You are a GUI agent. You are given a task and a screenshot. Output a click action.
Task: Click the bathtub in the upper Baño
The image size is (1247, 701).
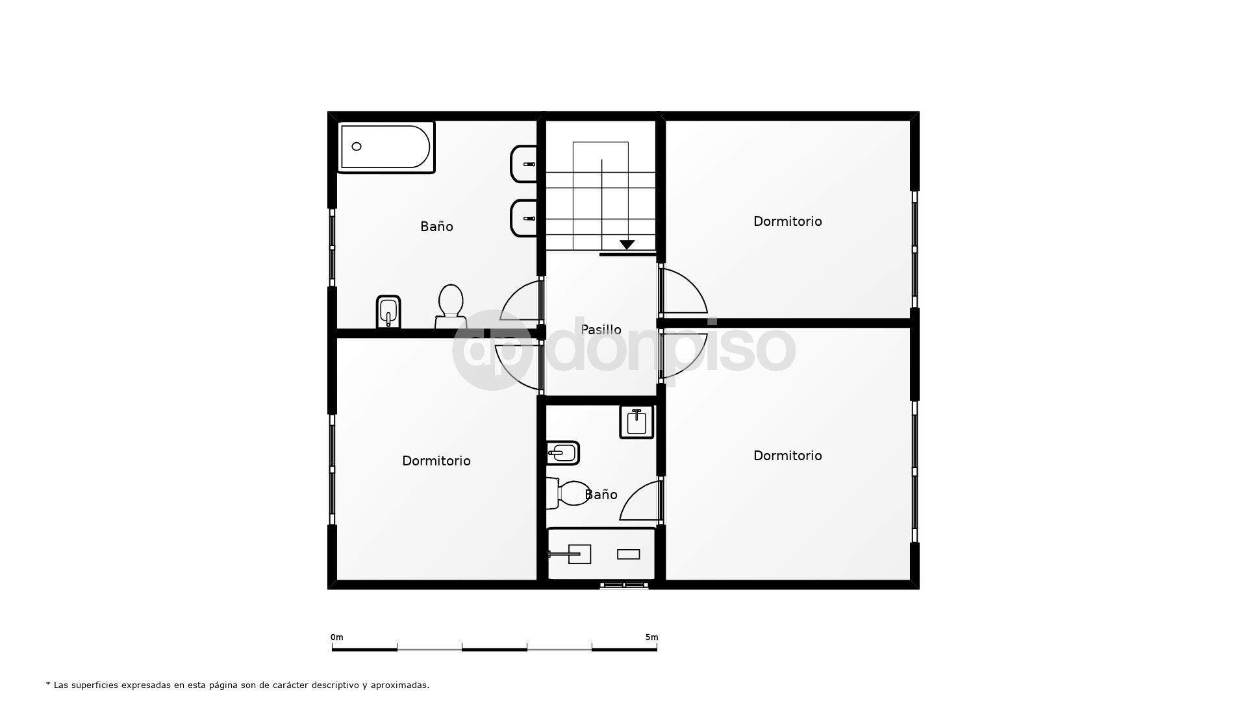click(x=386, y=147)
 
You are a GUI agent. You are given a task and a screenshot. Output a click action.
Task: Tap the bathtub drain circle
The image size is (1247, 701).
click(x=357, y=147)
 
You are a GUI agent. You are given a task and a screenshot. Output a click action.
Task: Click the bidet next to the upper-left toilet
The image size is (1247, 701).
click(x=388, y=312)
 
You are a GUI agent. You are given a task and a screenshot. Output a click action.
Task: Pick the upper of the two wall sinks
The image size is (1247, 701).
click(x=525, y=164)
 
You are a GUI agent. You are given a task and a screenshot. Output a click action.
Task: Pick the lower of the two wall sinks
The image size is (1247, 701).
click(x=525, y=218)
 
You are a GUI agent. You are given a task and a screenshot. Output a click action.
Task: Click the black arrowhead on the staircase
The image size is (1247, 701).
click(x=627, y=245)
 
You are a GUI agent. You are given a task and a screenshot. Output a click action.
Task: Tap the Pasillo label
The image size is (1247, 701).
click(x=601, y=330)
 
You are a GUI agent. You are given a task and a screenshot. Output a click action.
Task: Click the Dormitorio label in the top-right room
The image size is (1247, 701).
click(x=787, y=221)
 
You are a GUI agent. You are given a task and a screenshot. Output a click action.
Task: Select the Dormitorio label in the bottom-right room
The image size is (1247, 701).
click(x=787, y=456)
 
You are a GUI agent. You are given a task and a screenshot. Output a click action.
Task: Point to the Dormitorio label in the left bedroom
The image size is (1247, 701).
click(x=436, y=461)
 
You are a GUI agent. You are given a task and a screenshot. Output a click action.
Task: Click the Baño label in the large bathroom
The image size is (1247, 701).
click(x=436, y=227)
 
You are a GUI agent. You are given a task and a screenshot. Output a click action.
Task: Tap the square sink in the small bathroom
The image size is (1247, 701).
click(x=636, y=422)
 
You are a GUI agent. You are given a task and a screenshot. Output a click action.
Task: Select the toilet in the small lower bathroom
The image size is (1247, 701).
click(x=569, y=493)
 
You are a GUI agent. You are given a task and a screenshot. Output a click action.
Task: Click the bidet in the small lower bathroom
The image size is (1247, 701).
click(x=562, y=453)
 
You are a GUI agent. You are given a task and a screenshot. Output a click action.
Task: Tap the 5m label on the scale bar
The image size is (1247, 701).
click(x=651, y=637)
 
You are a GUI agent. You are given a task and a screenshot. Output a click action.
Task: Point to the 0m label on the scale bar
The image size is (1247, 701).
click(x=336, y=637)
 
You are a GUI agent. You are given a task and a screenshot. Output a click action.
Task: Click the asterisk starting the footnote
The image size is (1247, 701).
click(x=48, y=684)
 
